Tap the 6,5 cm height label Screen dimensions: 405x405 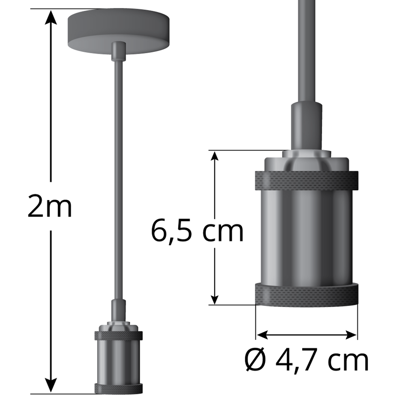[x=197, y=231]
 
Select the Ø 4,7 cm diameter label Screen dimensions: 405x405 [x=306, y=360]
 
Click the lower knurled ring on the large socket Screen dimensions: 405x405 [x=306, y=295]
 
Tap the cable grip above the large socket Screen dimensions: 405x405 [x=306, y=124]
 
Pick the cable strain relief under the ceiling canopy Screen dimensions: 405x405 [x=118, y=51]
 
